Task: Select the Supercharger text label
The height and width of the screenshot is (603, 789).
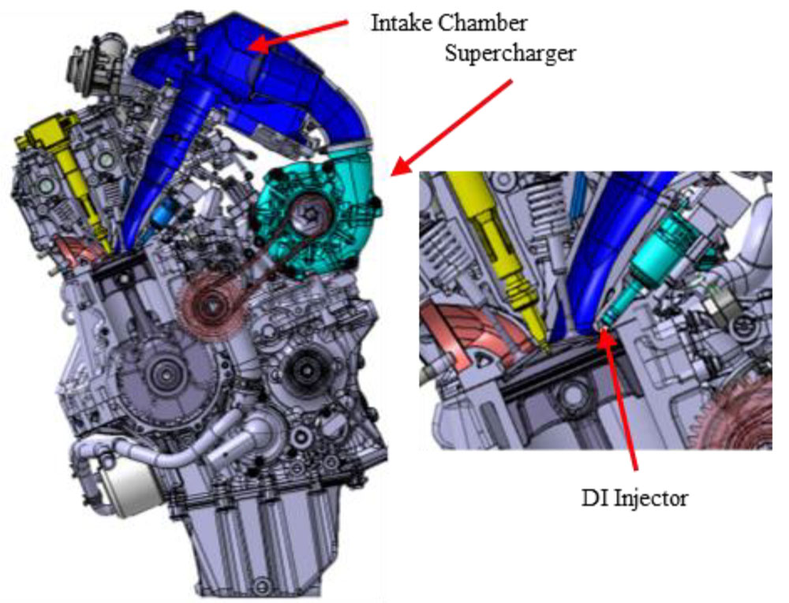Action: coord(510,54)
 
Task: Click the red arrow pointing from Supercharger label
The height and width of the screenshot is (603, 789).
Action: coord(451,128)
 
